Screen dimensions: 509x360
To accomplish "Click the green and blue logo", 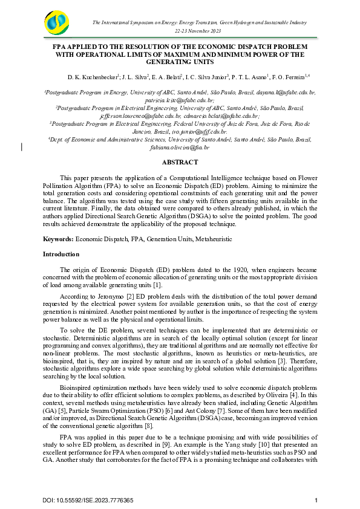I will click(x=58, y=24).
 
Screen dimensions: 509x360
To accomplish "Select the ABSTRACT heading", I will click(x=180, y=162).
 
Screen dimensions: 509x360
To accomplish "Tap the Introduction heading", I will click(x=61, y=254).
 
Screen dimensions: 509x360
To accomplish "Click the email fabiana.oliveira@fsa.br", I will click(x=180, y=147).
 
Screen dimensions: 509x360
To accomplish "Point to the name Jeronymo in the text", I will click(x=94, y=297).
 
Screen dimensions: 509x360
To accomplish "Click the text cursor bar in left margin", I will click(x=22, y=146).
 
